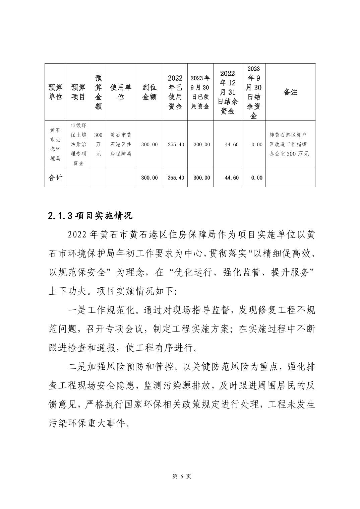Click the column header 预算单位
55,92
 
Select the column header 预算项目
78,92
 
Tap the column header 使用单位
121,92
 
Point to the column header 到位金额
149,92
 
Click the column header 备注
290,92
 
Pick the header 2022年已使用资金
175,92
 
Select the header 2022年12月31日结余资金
228,92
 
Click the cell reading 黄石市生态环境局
55,144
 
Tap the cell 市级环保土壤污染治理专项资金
78,144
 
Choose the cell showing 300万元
98,144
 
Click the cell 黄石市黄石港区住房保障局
121,144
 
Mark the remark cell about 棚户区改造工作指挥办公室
290,144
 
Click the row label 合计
55,177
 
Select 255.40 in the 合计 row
176,177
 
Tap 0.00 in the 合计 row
257,177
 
